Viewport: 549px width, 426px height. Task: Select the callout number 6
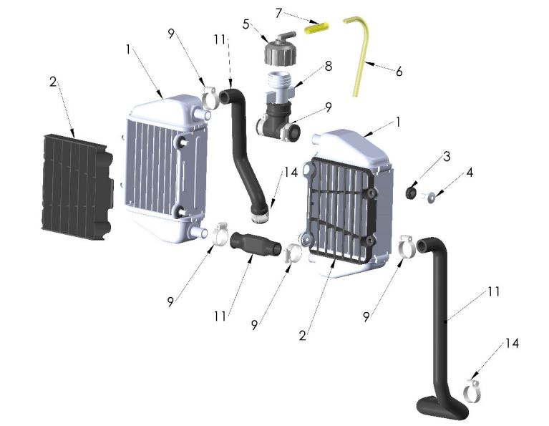[x=399, y=72]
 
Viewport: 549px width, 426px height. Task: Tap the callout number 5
[x=246, y=24]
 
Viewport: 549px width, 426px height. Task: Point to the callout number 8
[x=328, y=66]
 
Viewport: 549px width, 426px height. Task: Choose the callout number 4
[x=449, y=173]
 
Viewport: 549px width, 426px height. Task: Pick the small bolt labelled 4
[x=432, y=198]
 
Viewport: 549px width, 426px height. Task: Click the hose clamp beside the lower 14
[x=473, y=390]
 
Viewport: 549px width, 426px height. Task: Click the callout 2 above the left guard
[x=52, y=82]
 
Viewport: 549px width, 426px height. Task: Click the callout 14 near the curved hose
[x=289, y=172]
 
